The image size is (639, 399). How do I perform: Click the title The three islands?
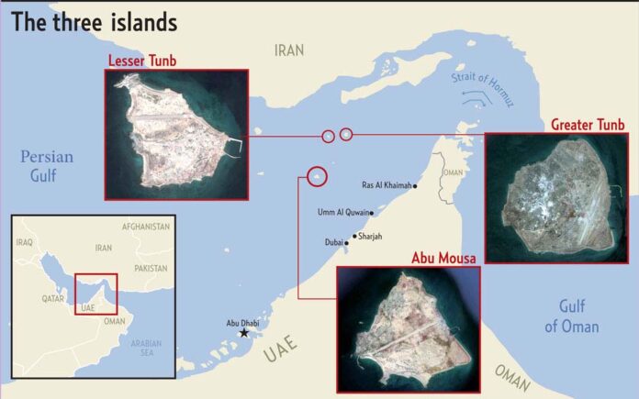(95, 22)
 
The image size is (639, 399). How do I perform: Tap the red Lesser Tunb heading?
(142, 61)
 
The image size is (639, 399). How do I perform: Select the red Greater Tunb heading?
(587, 124)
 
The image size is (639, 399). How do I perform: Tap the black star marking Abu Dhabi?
(244, 332)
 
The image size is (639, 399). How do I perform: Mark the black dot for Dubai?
(347, 243)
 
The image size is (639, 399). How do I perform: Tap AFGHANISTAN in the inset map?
(146, 226)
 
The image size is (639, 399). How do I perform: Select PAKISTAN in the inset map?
(150, 268)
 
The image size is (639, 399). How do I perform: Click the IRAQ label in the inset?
(25, 242)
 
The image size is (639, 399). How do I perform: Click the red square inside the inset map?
(96, 293)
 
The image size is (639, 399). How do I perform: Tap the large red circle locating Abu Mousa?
(317, 174)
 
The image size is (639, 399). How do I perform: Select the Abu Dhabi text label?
(244, 323)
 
